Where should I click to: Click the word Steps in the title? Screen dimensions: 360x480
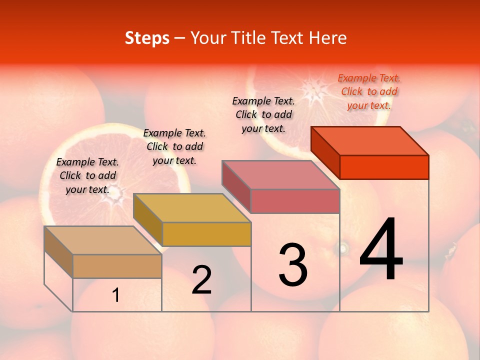point(147,38)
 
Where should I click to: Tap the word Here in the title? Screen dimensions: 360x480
point(328,38)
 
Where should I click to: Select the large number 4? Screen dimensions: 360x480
point(381,250)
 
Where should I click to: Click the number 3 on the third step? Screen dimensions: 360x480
point(293,265)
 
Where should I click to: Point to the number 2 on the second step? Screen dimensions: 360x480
point(202,280)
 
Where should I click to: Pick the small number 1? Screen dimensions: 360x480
point(116,295)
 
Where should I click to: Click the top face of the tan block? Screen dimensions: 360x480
point(103,240)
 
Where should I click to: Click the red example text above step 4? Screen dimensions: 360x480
point(369,91)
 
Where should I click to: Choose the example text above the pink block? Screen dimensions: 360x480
point(263,114)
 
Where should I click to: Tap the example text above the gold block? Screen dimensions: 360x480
point(174,146)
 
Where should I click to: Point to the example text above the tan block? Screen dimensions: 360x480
point(87,175)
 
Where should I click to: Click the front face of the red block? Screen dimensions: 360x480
point(384,167)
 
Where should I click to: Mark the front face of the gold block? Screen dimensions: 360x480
point(206,234)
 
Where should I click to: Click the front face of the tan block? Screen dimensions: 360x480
point(117,266)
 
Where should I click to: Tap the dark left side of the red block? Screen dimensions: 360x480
point(325,152)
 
